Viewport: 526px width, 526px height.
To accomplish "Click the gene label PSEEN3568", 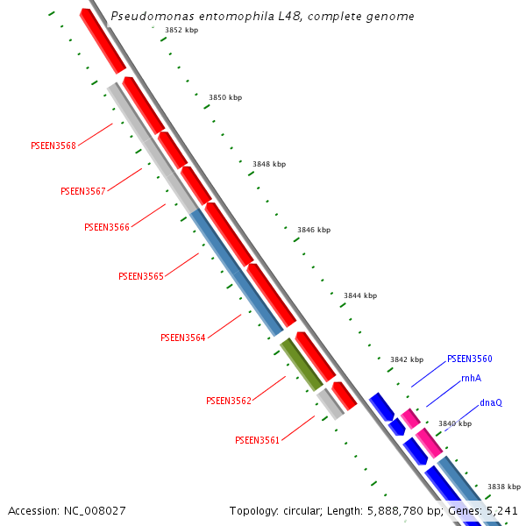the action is pyautogui.click(x=53, y=146).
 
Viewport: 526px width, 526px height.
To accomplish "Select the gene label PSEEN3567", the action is pyautogui.click(x=83, y=191).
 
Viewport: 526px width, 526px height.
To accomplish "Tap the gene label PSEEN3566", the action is pyautogui.click(x=107, y=227).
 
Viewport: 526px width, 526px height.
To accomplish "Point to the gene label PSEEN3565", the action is pyautogui.click(x=141, y=276).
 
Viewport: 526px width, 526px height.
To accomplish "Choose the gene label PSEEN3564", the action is pyautogui.click(x=183, y=338).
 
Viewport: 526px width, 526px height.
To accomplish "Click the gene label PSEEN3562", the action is pyautogui.click(x=229, y=401).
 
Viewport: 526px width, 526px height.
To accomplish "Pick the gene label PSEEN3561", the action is pyautogui.click(x=258, y=440).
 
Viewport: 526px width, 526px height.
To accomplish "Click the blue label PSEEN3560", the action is pyautogui.click(x=470, y=359).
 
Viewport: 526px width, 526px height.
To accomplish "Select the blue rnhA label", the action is pyautogui.click(x=471, y=378).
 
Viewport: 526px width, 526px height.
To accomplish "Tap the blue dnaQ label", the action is pyautogui.click(x=491, y=402).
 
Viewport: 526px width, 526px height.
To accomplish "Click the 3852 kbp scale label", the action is pyautogui.click(x=181, y=30).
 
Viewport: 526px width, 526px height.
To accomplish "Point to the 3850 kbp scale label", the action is pyautogui.click(x=225, y=97).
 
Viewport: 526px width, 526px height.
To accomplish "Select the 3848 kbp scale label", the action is pyautogui.click(x=269, y=164).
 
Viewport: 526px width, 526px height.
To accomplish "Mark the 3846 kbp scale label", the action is pyautogui.click(x=314, y=230).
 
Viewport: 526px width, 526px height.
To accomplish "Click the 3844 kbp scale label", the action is pyautogui.click(x=360, y=295).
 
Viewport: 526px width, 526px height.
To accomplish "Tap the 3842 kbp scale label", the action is pyautogui.click(x=407, y=359).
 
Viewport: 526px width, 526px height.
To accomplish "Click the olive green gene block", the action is pyautogui.click(x=302, y=364).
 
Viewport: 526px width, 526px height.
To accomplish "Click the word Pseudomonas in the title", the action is pyautogui.click(x=148, y=16).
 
